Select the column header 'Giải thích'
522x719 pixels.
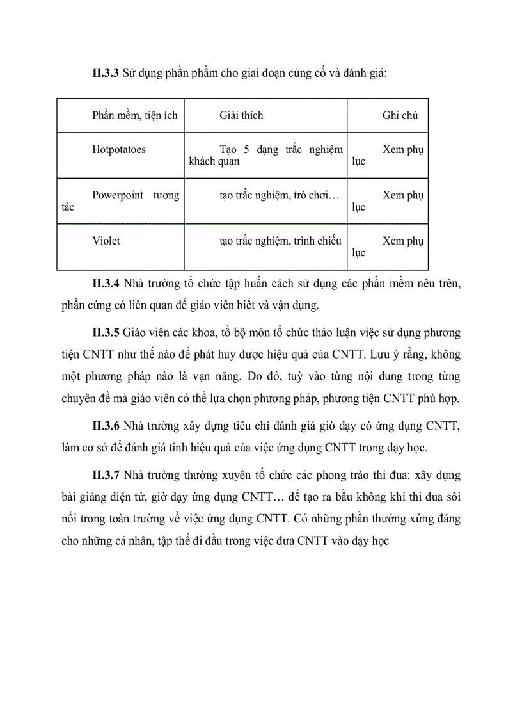241,115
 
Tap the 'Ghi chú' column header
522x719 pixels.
400,115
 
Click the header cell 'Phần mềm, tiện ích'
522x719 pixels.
134,115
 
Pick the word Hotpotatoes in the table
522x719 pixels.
118,150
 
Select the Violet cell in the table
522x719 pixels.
106,241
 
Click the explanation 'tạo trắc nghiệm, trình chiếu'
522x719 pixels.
280,241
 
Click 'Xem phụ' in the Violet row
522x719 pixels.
402,241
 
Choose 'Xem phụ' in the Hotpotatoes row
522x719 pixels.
402,150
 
